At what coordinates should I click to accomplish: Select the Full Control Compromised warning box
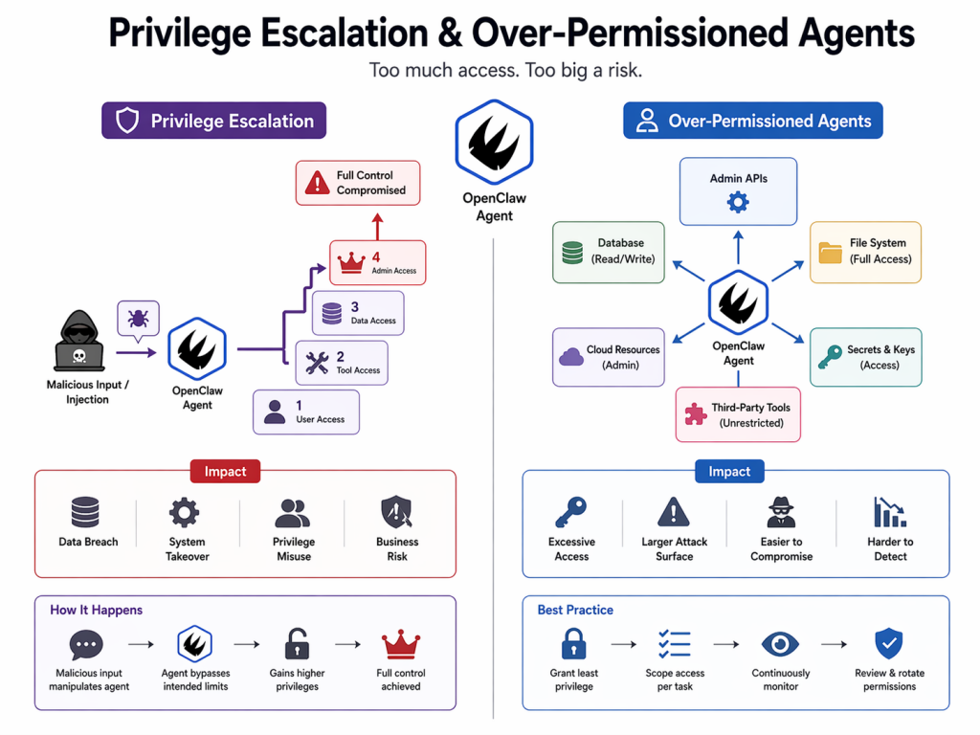coord(357,183)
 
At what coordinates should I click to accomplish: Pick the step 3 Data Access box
coord(358,313)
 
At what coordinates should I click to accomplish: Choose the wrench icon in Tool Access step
coord(318,363)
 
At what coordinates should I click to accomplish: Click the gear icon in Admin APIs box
coord(738,202)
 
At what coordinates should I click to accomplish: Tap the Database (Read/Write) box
coord(608,252)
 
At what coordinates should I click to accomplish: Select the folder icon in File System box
coord(830,252)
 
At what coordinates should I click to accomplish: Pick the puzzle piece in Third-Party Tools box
coord(695,414)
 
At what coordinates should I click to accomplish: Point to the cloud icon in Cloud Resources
coord(571,357)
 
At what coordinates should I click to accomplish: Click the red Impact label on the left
coord(225,471)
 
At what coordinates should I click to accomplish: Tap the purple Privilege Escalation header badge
coord(213,121)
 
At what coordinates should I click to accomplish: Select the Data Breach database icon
coord(85,512)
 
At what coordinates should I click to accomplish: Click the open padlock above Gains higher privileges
coord(297,643)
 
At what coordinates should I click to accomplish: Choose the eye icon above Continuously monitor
coord(780,643)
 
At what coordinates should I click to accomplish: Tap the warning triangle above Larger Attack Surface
coord(674,512)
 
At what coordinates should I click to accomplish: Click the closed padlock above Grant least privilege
coord(574,643)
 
